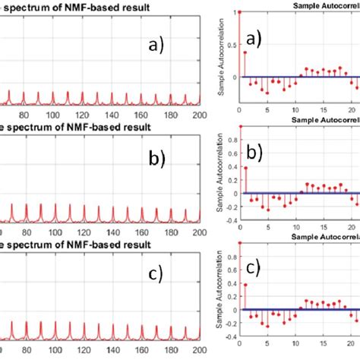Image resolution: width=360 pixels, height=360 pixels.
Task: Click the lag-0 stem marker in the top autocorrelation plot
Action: [x=239, y=12]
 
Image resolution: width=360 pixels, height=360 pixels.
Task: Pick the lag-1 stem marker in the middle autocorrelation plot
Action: [x=246, y=167]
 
